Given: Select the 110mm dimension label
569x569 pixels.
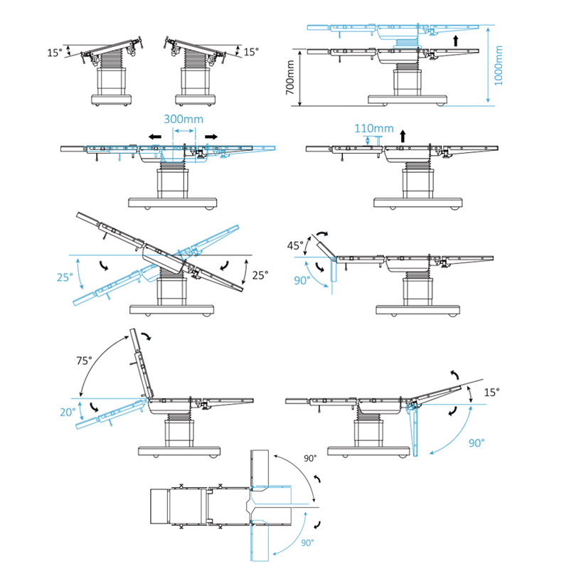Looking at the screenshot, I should coord(373,128).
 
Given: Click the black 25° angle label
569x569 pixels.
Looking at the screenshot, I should coord(260,275).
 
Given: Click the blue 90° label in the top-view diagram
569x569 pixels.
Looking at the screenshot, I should coord(307,542).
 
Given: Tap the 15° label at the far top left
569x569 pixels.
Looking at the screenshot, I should coord(55,53).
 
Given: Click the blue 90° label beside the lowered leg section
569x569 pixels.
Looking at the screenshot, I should coord(477,441).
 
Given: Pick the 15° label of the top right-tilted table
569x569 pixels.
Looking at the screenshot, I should coord(250,52).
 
